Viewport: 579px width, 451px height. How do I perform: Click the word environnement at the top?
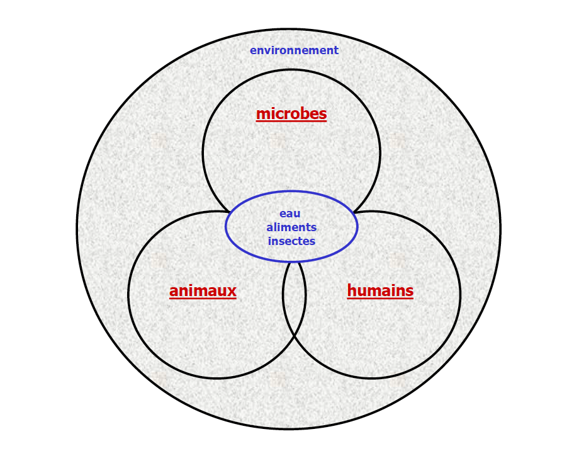pos(294,50)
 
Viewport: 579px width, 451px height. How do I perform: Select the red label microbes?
pos(291,114)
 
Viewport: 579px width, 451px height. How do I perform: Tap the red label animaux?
pos(203,291)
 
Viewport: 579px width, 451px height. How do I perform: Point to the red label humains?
pos(380,291)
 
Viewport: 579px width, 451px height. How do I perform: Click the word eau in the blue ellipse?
pos(290,214)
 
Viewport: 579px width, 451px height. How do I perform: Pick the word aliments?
pos(291,227)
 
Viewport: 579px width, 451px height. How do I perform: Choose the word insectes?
pos(291,241)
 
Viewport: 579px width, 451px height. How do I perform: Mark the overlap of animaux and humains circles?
pos(294,296)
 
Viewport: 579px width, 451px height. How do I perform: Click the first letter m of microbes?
pos(262,114)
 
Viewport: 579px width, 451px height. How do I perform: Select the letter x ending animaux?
pos(232,292)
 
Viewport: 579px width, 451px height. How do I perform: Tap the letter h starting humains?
pos(352,290)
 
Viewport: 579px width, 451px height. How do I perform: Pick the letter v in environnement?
pos(264,51)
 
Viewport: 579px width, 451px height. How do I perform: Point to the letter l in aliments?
pos(276,227)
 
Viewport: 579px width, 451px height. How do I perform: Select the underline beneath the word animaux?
pos(203,299)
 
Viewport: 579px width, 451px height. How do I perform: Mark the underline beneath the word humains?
pos(380,299)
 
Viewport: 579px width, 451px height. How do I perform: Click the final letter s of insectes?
pos(313,242)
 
